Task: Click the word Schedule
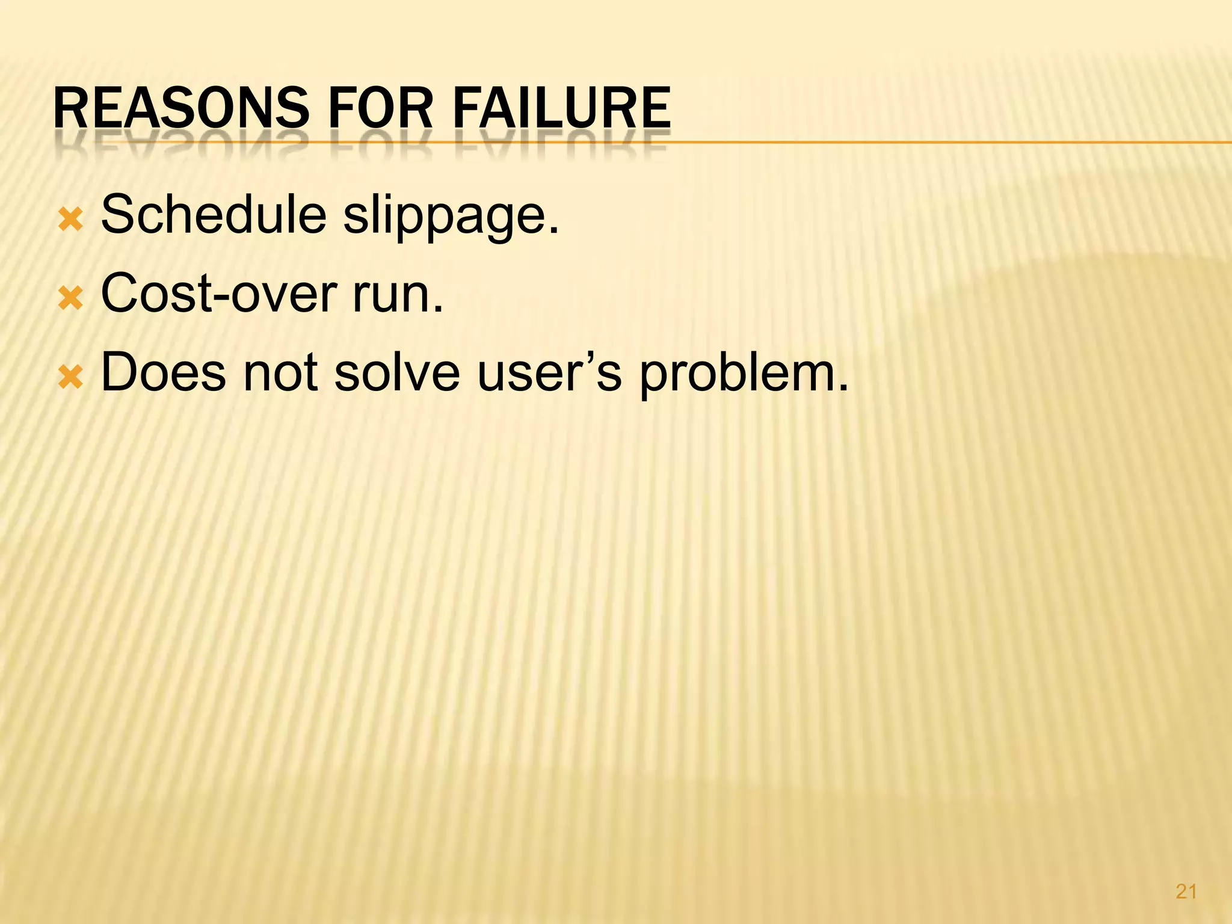click(214, 215)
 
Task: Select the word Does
click(163, 372)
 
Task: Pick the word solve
click(397, 372)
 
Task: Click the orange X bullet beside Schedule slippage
click(70, 220)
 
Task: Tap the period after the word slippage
click(554, 230)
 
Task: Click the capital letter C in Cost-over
click(118, 294)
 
